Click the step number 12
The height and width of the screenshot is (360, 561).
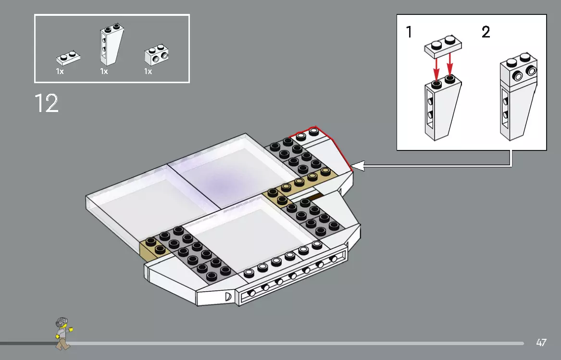point(47,103)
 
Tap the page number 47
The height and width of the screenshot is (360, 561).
point(541,343)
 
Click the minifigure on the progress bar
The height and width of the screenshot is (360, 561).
point(62,333)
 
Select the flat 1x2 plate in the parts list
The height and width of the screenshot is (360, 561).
point(68,58)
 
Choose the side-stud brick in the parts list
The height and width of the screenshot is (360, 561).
point(157,56)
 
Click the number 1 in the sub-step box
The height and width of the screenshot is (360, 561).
point(409,33)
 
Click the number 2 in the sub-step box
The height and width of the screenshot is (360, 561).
point(486,33)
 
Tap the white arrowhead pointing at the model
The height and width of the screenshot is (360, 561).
point(358,166)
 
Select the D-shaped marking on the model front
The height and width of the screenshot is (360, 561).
point(228,297)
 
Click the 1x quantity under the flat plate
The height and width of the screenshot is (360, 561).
point(60,72)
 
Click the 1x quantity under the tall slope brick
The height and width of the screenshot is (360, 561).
point(104,72)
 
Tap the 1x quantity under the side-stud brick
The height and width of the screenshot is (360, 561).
point(148,72)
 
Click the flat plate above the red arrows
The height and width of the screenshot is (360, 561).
point(443,46)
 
